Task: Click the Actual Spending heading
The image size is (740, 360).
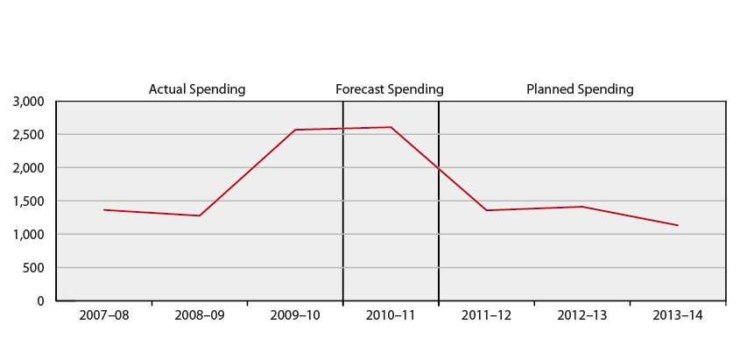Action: [x=196, y=88]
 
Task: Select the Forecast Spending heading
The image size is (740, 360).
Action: [x=390, y=88]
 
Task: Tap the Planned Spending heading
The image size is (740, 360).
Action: [x=580, y=88]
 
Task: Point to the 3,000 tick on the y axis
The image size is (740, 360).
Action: [x=29, y=102]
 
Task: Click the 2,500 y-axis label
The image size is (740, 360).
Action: [x=29, y=135]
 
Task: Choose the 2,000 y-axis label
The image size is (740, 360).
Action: [x=29, y=168]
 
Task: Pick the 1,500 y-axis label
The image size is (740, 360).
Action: [x=29, y=201]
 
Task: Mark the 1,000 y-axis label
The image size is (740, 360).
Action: [x=29, y=235]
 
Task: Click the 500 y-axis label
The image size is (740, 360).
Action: [x=35, y=268]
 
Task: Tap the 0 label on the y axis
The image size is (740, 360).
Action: [x=40, y=301]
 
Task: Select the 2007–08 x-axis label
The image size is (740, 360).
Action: [x=103, y=315]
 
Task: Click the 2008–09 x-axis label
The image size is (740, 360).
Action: [x=199, y=315]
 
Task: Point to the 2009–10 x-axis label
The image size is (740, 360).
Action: [x=295, y=315]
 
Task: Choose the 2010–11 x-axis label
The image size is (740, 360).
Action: [x=391, y=315]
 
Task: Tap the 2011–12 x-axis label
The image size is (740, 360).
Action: [x=486, y=315]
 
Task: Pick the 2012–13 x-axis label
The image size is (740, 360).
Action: [x=582, y=315]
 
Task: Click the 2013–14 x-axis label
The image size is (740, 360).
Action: [x=678, y=315]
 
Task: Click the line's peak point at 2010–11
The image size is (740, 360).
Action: [x=391, y=127]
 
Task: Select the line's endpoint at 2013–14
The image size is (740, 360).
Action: [x=678, y=225]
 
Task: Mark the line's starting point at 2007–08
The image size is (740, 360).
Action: [x=103, y=209]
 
